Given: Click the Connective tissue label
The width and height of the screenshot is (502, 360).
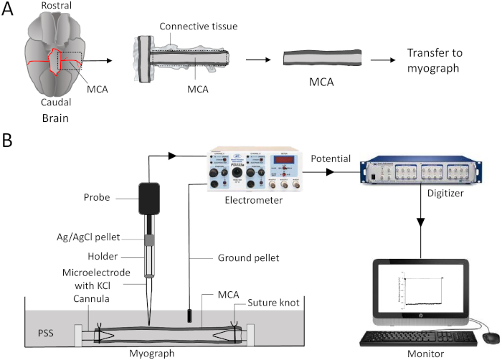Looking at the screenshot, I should coord(198,27).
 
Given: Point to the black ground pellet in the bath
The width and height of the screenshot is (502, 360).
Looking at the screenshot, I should coord(189,316).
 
